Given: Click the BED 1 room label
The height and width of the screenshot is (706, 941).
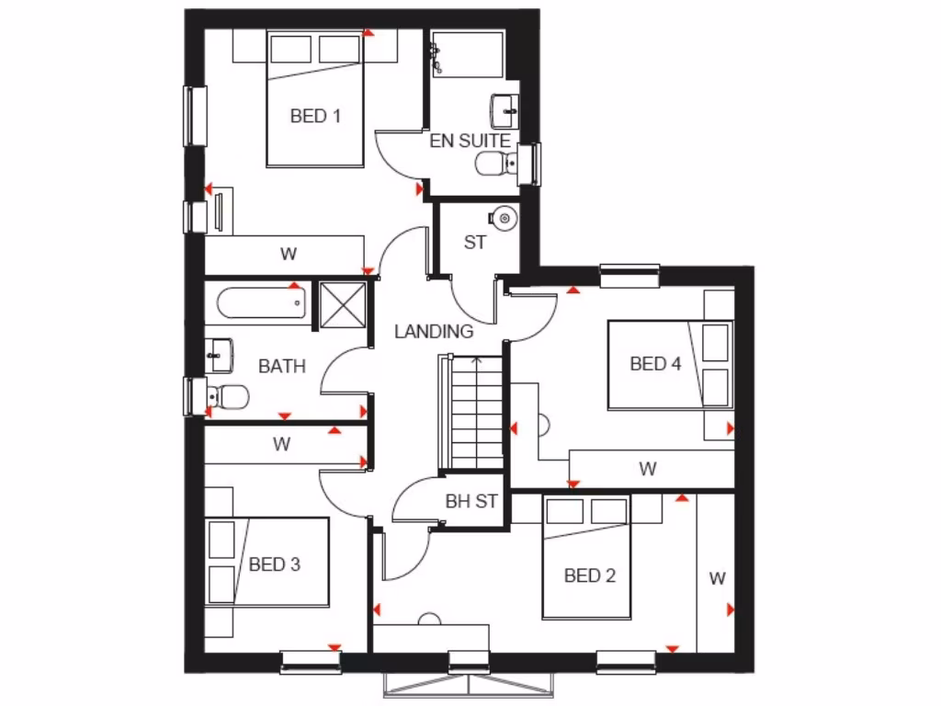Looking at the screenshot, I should (315, 116).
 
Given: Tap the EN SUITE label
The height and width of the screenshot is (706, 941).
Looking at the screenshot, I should (470, 141).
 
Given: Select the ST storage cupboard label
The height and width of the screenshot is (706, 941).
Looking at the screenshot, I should (474, 243).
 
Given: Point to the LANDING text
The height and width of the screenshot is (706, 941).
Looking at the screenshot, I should (434, 331).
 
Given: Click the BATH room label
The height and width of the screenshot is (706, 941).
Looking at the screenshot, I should (281, 366).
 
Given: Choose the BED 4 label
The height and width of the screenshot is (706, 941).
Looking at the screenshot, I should (655, 363).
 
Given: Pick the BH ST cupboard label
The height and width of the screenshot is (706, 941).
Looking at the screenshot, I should (470, 502).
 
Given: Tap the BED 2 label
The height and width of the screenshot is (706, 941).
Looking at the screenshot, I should (589, 575).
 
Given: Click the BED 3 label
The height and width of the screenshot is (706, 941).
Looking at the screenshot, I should (275, 564).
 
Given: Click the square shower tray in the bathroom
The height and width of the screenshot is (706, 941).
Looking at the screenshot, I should (342, 304).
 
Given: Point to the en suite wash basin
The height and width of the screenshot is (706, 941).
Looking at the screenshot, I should (505, 111).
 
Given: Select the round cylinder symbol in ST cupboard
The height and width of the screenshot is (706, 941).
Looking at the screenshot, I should (504, 219).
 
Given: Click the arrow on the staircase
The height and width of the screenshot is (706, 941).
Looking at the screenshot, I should (476, 362).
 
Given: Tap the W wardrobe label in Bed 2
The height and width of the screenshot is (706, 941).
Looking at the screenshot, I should (717, 578).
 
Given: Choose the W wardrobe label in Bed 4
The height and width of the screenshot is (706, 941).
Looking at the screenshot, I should (648, 469).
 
